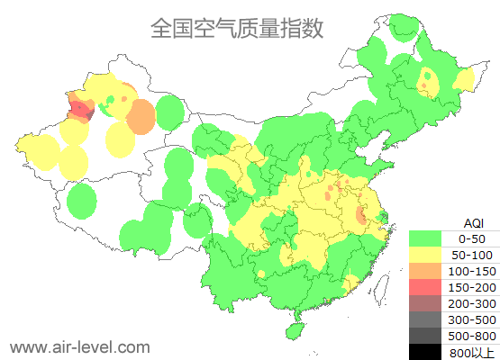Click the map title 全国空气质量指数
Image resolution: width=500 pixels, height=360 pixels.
pos(236,28)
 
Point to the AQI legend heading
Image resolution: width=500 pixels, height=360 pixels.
pos(473,222)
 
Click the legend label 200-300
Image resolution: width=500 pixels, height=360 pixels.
pos(473,303)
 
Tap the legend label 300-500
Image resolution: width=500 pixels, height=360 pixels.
pos(473,319)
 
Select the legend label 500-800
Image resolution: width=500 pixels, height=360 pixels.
pos(473,336)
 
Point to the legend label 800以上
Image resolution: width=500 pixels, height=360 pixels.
pos(473,352)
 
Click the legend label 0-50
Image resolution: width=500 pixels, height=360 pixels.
pos(473,238)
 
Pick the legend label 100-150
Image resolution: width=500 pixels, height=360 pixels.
pos(473,271)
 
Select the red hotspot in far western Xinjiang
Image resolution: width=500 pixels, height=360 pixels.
pos(81,111)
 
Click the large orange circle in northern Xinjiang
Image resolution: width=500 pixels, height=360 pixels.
pos(141,117)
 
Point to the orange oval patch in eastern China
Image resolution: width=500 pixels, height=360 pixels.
pos(361,216)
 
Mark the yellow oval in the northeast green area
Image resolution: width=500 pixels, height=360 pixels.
pos(428,83)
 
